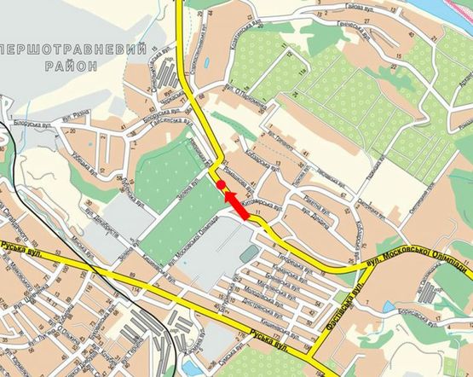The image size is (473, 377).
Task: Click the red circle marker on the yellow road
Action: (x=221, y=184)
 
